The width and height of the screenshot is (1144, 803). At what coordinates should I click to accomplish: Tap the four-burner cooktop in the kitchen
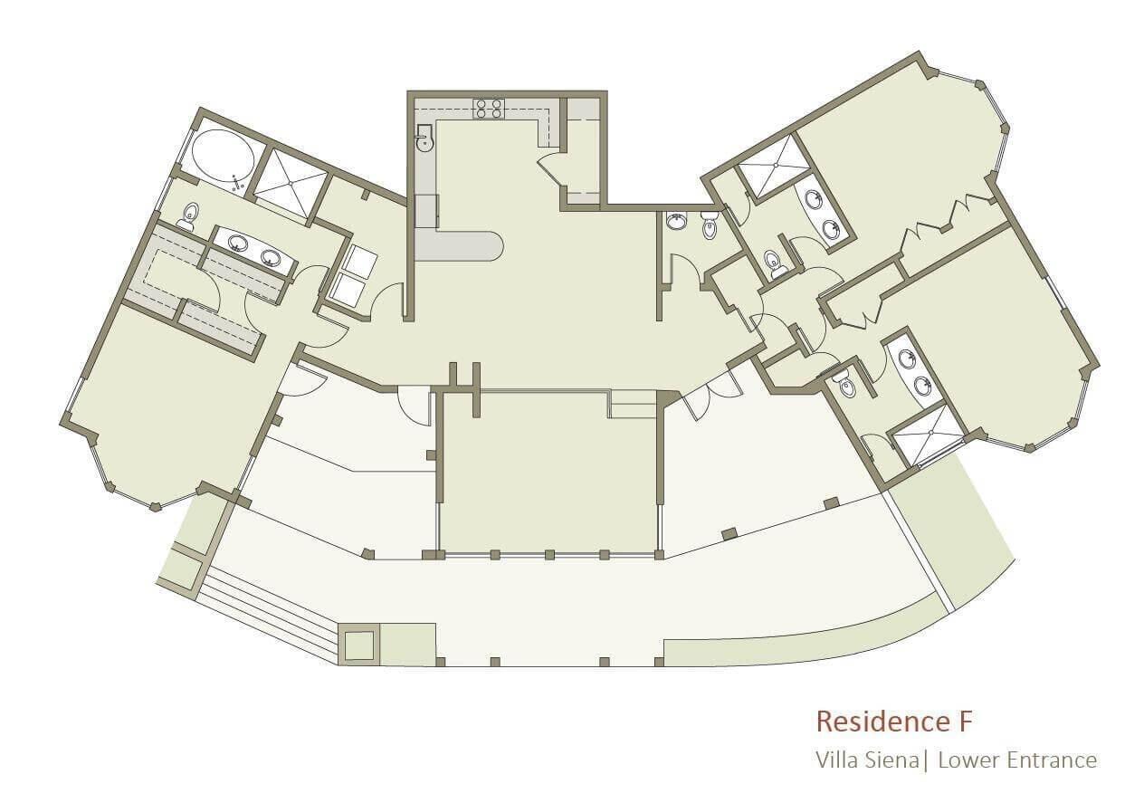(x=490, y=109)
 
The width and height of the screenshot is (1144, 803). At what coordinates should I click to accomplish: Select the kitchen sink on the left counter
(x=424, y=138)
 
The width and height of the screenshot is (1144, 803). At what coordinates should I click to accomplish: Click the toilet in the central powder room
(x=710, y=225)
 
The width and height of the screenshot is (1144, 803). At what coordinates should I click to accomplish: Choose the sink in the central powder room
(x=677, y=221)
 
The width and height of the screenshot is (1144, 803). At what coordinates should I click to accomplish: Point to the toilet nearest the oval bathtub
(x=187, y=216)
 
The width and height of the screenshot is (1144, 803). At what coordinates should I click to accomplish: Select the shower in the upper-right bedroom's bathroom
(x=776, y=166)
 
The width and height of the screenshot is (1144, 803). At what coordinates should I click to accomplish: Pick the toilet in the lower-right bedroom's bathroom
(x=845, y=385)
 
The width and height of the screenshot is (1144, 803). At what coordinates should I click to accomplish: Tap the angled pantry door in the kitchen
(x=550, y=168)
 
